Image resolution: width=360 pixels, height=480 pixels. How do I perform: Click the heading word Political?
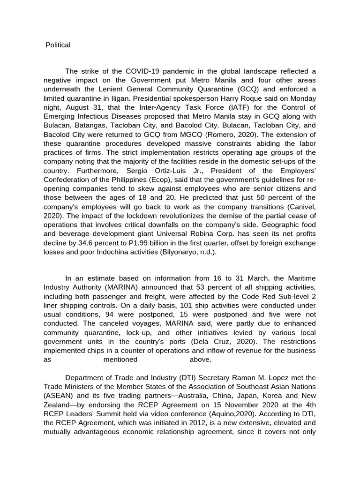pyautogui.click(x=58, y=45)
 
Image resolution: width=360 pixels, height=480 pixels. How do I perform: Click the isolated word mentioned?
pyautogui.click(x=120, y=360)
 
